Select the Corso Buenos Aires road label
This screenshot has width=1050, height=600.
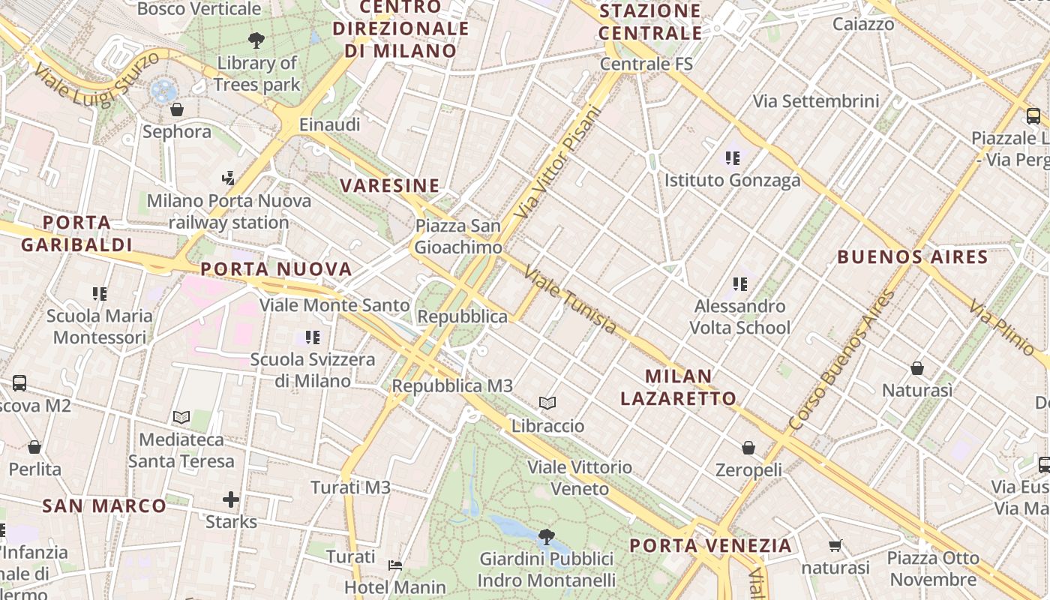click(x=841, y=360)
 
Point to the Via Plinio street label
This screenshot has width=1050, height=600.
click(x=1001, y=327)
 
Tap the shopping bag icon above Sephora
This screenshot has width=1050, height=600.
click(x=177, y=109)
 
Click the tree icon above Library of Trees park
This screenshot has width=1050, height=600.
click(x=256, y=40)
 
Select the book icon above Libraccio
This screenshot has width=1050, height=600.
click(x=547, y=403)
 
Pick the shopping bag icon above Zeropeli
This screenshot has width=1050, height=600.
click(x=748, y=448)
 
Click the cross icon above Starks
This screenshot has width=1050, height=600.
click(x=231, y=499)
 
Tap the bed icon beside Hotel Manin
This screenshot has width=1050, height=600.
click(x=395, y=565)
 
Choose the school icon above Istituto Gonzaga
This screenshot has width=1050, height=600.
click(x=732, y=158)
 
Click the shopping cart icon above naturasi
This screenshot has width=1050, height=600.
click(x=835, y=545)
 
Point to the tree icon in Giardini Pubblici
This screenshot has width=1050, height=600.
click(x=547, y=536)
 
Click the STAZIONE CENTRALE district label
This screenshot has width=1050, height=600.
click(x=650, y=22)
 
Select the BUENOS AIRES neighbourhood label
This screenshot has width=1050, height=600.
click(x=912, y=257)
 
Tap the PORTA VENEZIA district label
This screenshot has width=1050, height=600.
click(x=710, y=545)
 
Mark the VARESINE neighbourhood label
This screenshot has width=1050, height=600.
click(x=389, y=185)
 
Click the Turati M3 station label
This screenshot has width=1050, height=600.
click(x=350, y=487)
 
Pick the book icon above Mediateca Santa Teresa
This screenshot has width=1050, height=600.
click(x=181, y=417)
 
